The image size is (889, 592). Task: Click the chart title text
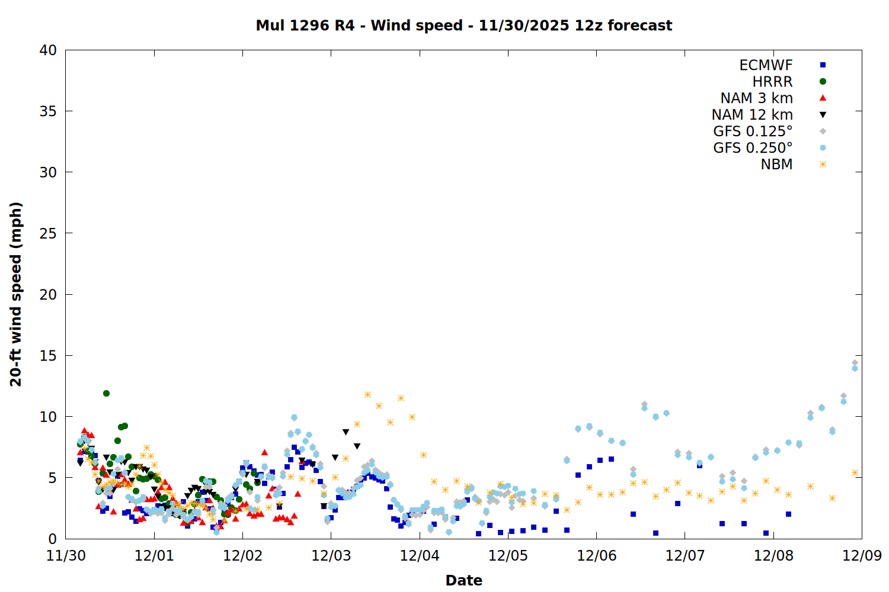pos(463,25)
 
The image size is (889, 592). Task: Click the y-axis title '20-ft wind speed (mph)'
pos(16,294)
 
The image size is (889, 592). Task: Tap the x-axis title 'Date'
pos(463,580)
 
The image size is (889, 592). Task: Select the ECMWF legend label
pos(766,65)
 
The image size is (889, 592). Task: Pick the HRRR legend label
pos(772,82)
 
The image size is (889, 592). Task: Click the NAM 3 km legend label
pos(756,98)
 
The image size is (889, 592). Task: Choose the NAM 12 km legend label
pos(752,115)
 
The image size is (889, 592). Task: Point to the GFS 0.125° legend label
pos(753,131)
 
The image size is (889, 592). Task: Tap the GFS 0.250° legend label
pos(753,148)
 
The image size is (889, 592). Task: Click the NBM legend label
pos(776,165)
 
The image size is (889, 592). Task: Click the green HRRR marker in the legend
pos(823,82)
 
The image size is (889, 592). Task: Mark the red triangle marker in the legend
pos(823,98)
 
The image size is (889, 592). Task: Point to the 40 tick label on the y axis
pos(48,50)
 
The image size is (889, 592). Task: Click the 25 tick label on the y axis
pos(48,233)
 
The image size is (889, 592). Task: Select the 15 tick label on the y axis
pos(48,356)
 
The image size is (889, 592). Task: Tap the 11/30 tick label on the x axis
pos(65,556)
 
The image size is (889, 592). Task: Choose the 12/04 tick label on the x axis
pos(420,556)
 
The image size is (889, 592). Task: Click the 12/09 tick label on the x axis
pos(862,556)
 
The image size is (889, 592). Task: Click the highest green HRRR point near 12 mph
pos(106,393)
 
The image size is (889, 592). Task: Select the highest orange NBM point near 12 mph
pos(367,394)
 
